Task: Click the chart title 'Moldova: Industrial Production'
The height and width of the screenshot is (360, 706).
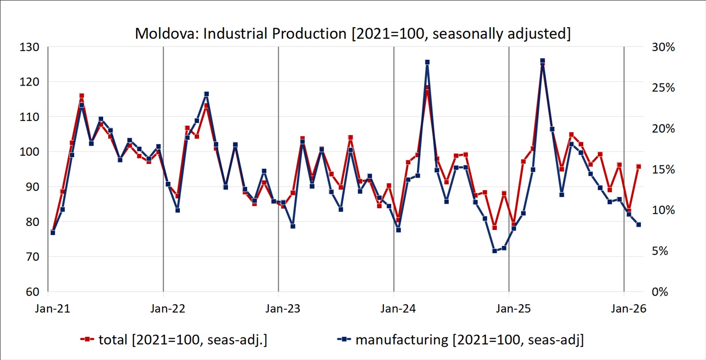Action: click(x=353, y=34)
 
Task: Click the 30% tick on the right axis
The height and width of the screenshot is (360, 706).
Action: click(x=663, y=47)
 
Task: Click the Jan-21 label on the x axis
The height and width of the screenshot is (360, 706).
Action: click(x=52, y=309)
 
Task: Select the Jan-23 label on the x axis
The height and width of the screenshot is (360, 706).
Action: click(x=283, y=309)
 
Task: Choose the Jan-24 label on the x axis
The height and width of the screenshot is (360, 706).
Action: click(x=399, y=309)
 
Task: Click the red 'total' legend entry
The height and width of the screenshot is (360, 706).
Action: click(x=174, y=339)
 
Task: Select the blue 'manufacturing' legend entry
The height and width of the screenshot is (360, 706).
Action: click(x=461, y=339)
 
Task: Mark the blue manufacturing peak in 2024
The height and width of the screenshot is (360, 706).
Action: click(x=427, y=62)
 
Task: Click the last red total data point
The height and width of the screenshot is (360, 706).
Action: click(x=639, y=167)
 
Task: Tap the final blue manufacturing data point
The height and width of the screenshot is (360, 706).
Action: click(x=639, y=225)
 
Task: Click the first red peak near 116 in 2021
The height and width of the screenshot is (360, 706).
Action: click(x=81, y=96)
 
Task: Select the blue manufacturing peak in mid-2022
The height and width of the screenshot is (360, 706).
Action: click(x=206, y=94)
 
